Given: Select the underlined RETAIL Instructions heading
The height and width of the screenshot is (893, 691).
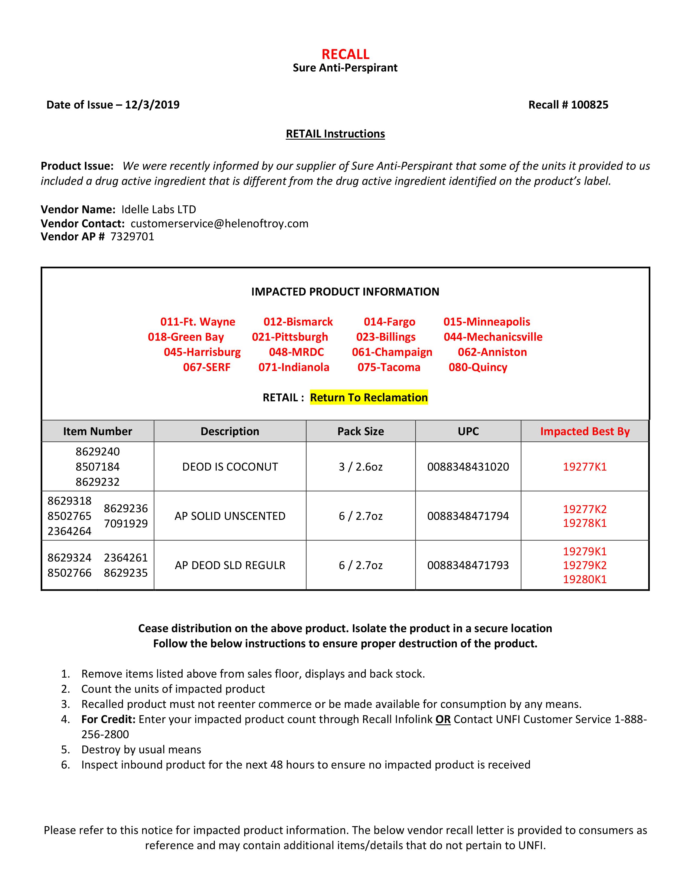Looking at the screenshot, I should point(335,134).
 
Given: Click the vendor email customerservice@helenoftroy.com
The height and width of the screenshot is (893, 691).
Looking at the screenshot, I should point(219,223).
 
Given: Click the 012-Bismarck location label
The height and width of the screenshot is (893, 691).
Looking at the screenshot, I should point(298,321).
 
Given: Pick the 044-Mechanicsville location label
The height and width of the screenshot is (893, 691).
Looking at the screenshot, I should point(493,337).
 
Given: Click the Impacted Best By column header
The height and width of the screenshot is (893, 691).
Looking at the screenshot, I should point(585,431).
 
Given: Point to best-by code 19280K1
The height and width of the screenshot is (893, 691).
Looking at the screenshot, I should point(585,579).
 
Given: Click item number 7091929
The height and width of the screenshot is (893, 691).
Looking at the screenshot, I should point(126,523).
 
